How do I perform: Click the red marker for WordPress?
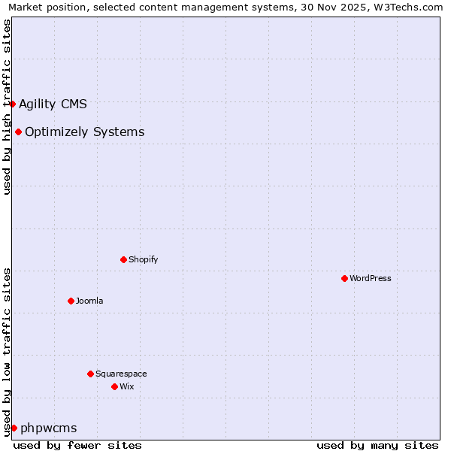pos(344,278)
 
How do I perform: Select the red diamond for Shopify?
pos(123,259)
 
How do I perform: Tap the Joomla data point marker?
pos(71,301)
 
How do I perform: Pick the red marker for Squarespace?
pos(90,374)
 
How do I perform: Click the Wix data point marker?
pos(114,386)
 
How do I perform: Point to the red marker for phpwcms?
pos(14,428)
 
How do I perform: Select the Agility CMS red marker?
pos(13,104)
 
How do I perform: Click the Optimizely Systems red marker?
pos(18,132)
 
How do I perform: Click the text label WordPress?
pos(371,278)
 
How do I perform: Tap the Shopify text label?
pos(143,259)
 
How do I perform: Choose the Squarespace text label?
pos(121,374)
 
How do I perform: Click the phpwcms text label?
pos(49,428)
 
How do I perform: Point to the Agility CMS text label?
pos(53,104)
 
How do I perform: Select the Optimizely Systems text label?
pos(84,132)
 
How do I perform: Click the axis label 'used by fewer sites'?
pos(77,445)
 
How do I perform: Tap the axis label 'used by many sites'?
pos(377,445)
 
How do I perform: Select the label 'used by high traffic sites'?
pos(8,107)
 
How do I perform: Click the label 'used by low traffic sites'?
pos(8,351)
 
